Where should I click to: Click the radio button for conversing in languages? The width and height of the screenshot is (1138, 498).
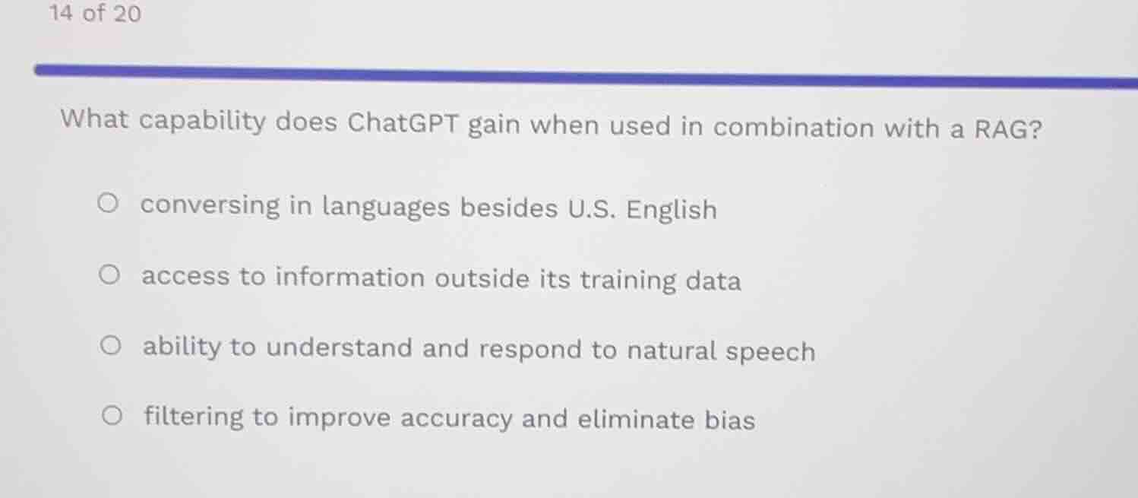109,204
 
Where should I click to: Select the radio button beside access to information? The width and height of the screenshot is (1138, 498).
110,274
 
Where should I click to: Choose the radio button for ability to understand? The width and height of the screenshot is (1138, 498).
111,347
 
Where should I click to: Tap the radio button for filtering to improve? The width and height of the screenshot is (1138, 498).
112,415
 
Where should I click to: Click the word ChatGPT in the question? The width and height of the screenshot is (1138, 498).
403,122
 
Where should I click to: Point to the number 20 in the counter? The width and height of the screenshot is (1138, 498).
128,14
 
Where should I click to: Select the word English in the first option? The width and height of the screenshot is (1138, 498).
672,210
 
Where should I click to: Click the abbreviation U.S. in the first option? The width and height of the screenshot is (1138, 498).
592,209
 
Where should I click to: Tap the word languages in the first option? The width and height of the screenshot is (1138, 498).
387,207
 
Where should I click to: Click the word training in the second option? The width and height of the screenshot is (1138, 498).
627,281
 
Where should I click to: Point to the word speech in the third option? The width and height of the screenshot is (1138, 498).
770,352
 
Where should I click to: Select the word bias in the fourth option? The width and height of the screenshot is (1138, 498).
730,420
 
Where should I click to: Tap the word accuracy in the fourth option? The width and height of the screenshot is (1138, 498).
457,418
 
